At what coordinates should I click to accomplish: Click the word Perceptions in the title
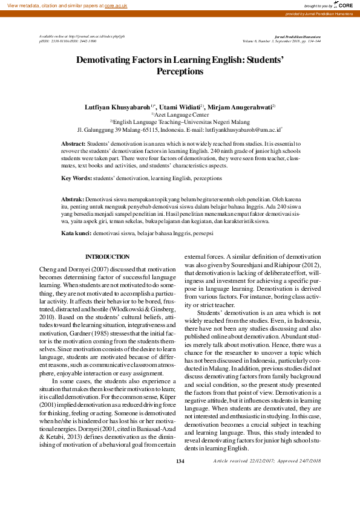(180, 71)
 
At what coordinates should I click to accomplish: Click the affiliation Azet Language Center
(182, 114)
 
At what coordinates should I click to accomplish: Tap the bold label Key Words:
(77, 179)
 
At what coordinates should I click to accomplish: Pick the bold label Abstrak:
(73, 199)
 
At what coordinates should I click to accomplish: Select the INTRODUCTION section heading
(107, 257)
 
